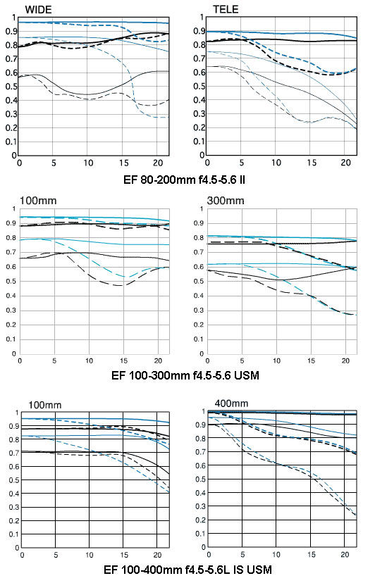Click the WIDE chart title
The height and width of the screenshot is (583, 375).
click(x=38, y=9)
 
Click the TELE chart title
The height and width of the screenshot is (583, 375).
click(x=226, y=9)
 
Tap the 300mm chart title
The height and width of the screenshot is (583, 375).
click(x=226, y=201)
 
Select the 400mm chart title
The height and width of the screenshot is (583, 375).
click(x=231, y=403)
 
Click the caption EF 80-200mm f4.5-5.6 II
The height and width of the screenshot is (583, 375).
click(x=185, y=180)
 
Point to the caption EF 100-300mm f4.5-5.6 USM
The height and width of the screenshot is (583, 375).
click(x=185, y=375)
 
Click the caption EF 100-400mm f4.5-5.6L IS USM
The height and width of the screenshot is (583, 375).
click(x=187, y=570)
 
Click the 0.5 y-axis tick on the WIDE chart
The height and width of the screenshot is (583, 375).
click(x=11, y=87)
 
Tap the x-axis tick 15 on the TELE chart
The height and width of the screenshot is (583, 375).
click(x=312, y=163)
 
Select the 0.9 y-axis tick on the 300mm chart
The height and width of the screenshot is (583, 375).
click(x=199, y=223)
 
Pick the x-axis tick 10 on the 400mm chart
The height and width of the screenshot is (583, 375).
click(x=276, y=555)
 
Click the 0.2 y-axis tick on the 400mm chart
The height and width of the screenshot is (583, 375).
click(x=201, y=520)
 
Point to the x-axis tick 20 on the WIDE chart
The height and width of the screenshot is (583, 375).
click(x=159, y=163)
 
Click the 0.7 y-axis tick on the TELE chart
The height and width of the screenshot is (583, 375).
click(x=199, y=58)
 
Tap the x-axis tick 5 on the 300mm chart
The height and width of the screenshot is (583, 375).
click(x=242, y=361)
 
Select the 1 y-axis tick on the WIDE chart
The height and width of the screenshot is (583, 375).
click(x=14, y=17)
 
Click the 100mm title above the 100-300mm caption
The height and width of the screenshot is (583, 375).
click(x=38, y=201)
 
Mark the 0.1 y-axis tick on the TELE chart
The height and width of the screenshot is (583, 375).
click(x=199, y=142)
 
